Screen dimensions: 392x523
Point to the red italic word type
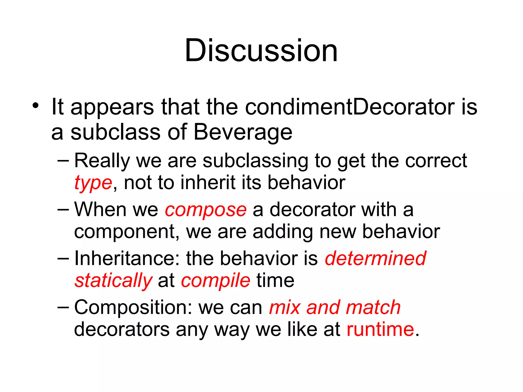[93, 183]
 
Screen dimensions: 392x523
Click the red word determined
[375, 258]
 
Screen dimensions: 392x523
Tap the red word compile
[216, 280]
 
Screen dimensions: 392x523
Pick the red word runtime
[380, 329]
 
